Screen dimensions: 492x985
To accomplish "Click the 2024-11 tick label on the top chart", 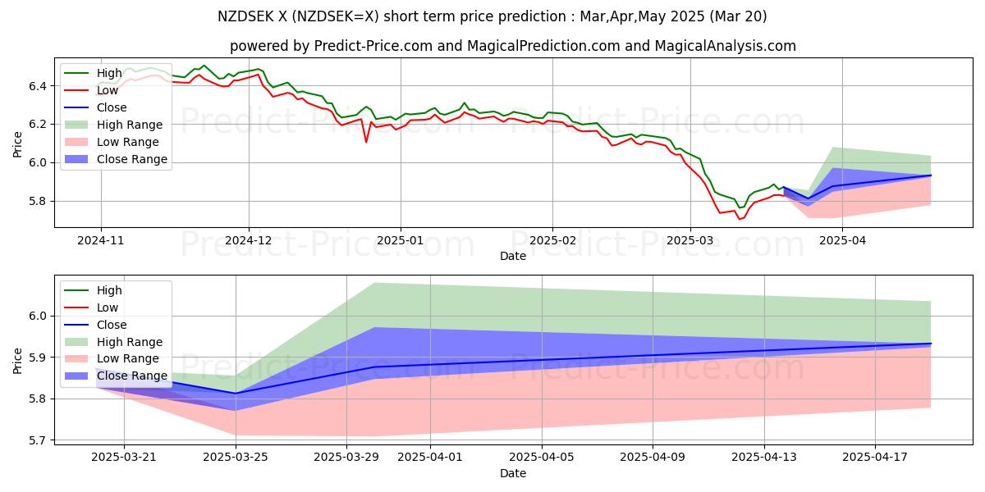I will [101, 241].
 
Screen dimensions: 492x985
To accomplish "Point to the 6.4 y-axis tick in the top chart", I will [36, 86].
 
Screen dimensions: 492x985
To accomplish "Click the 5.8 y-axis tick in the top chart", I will [36, 202].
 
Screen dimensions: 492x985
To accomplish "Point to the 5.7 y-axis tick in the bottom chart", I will [36, 440].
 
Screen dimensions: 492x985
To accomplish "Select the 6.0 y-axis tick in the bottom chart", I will [36, 317].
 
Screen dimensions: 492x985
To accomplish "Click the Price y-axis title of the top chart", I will [18, 143].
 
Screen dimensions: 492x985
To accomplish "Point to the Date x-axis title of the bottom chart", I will [513, 474].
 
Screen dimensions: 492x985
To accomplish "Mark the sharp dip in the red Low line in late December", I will [366, 142].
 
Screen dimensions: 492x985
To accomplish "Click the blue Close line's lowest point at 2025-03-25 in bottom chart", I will [236, 394].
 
